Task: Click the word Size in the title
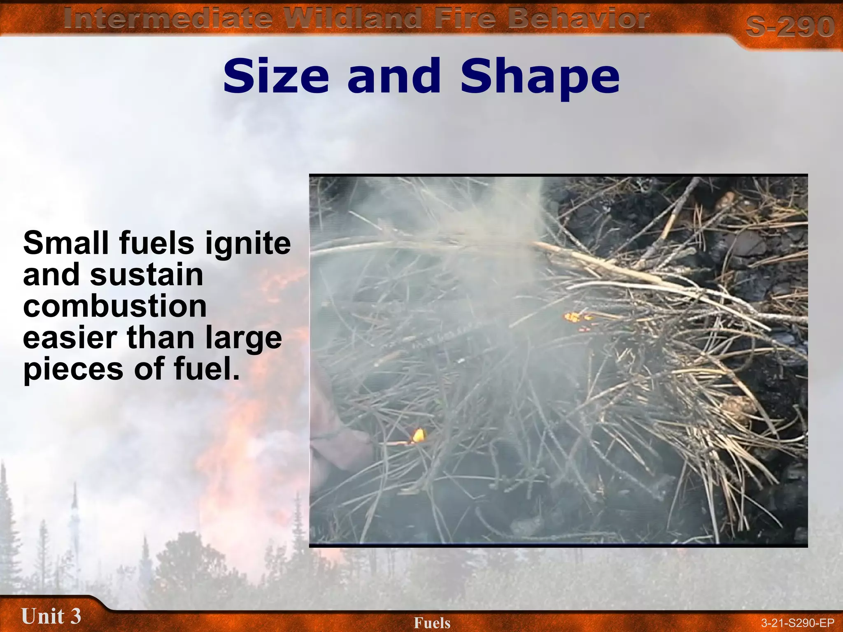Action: click(276, 77)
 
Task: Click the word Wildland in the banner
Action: click(354, 19)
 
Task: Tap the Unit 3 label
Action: click(51, 616)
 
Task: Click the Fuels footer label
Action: click(432, 623)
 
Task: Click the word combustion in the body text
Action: click(115, 306)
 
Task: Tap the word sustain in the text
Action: click(147, 274)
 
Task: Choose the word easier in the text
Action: click(70, 337)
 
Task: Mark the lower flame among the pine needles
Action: click(418, 435)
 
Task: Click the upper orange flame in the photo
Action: click(573, 317)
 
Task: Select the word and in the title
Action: click(394, 77)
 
